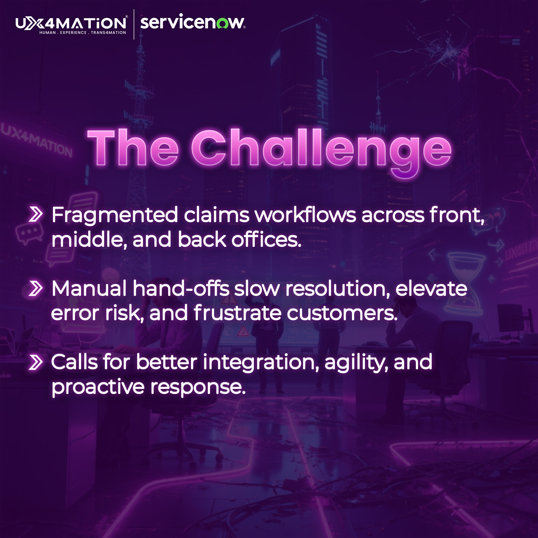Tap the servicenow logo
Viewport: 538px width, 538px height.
193,22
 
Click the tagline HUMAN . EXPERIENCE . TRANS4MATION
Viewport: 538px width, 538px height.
83,33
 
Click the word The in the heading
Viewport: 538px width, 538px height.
133,148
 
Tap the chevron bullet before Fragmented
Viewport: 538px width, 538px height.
36,215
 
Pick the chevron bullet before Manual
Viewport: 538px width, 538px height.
36,289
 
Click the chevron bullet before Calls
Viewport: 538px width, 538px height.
36,362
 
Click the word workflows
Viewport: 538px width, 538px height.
305,215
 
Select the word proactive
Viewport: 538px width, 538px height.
98,388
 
